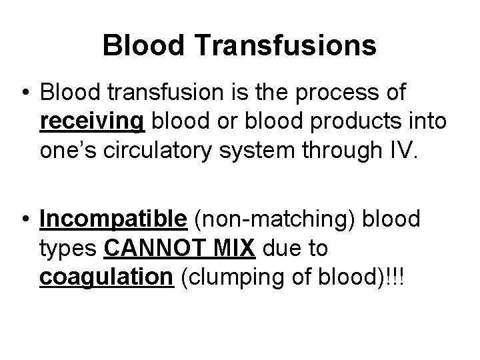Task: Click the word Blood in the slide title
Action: coord(136,45)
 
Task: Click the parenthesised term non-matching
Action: coord(267,219)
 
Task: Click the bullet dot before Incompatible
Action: coord(25,219)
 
